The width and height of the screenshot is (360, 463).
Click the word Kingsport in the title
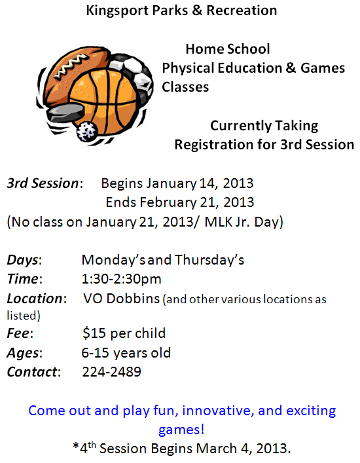117,10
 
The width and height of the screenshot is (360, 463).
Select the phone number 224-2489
111,372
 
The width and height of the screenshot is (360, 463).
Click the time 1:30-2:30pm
122,279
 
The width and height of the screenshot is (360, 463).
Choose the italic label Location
35,299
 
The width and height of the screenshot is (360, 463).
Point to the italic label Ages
23,353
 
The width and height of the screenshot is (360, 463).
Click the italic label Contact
32,372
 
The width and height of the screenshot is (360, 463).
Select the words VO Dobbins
122,299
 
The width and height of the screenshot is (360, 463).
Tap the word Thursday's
209,260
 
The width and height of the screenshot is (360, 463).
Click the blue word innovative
218,411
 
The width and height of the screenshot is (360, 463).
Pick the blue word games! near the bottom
181,430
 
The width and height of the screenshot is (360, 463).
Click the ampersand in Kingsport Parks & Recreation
197,10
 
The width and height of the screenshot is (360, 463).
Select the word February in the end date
168,203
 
